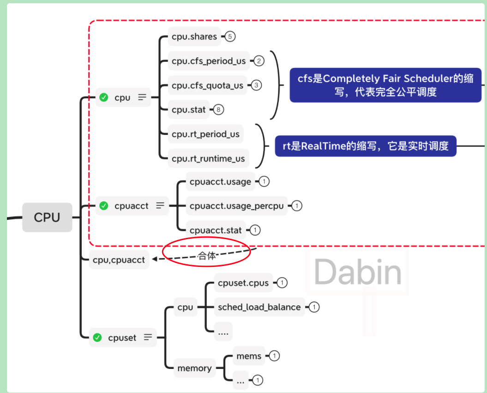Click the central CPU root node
(x=47, y=217)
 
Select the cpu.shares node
(x=194, y=36)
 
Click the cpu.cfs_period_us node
(x=209, y=61)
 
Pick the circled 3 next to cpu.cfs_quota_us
(x=256, y=85)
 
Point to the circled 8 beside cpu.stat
(x=218, y=110)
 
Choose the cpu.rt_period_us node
(x=205, y=134)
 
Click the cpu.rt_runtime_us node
(x=208, y=159)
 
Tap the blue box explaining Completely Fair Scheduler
(x=385, y=85)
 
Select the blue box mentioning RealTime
(x=365, y=146)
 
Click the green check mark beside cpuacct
(x=104, y=206)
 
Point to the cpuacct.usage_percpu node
(x=237, y=206)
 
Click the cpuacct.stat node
(x=216, y=230)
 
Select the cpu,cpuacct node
(x=119, y=260)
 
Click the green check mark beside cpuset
(x=97, y=338)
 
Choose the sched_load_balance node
(x=259, y=307)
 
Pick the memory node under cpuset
(x=194, y=368)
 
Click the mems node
(x=249, y=356)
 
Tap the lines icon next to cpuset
(x=148, y=338)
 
